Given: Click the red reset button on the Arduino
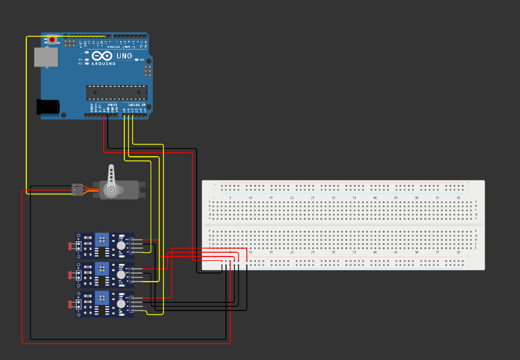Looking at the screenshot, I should click(52, 40).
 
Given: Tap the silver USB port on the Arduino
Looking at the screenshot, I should click(46, 57).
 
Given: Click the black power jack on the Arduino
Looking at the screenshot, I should click(48, 107).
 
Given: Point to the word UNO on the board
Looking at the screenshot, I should click(124, 56).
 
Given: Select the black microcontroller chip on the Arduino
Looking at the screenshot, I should click(116, 92).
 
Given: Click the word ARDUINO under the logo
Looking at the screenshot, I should click(103, 64).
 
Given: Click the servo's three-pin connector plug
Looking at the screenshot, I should click(77, 190).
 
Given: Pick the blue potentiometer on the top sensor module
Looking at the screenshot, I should click(102, 239).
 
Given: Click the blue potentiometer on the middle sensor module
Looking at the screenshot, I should click(102, 269).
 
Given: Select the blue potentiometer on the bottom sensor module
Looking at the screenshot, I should click(102, 298).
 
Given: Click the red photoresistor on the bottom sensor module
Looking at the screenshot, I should click(70, 304).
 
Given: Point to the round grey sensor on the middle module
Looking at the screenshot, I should click(121, 275).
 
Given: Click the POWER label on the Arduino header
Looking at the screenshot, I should click(113, 105).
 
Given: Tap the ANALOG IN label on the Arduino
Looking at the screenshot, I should click(137, 105).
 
